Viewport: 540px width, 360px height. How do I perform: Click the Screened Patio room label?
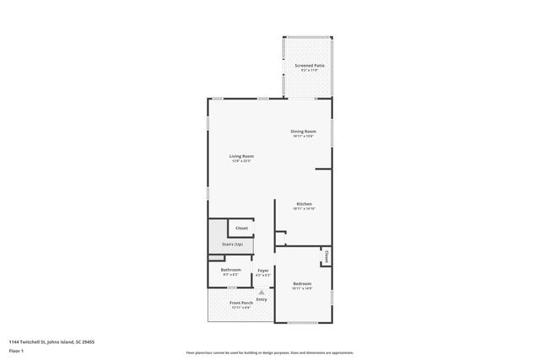310,65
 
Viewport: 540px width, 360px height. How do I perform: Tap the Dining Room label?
303,131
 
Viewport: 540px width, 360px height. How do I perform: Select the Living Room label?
241,155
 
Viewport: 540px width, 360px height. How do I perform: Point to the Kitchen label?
304,204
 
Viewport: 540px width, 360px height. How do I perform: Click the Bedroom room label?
302,283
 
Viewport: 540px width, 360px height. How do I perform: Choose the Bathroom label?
230,270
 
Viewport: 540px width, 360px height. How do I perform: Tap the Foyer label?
263,270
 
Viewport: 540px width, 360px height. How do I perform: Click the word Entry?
262,299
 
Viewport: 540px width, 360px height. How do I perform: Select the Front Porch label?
241,303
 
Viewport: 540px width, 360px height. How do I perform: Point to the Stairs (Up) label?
232,244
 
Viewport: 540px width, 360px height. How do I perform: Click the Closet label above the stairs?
241,228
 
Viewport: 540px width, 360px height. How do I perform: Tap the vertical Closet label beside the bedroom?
326,256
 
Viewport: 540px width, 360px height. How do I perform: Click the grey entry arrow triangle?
262,292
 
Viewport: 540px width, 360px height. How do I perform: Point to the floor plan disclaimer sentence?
269,352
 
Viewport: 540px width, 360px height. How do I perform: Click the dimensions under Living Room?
241,160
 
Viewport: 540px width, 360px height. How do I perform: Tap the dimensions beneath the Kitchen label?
304,209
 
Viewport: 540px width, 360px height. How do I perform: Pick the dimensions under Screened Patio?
310,70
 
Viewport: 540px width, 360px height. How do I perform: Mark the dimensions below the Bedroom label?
302,288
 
